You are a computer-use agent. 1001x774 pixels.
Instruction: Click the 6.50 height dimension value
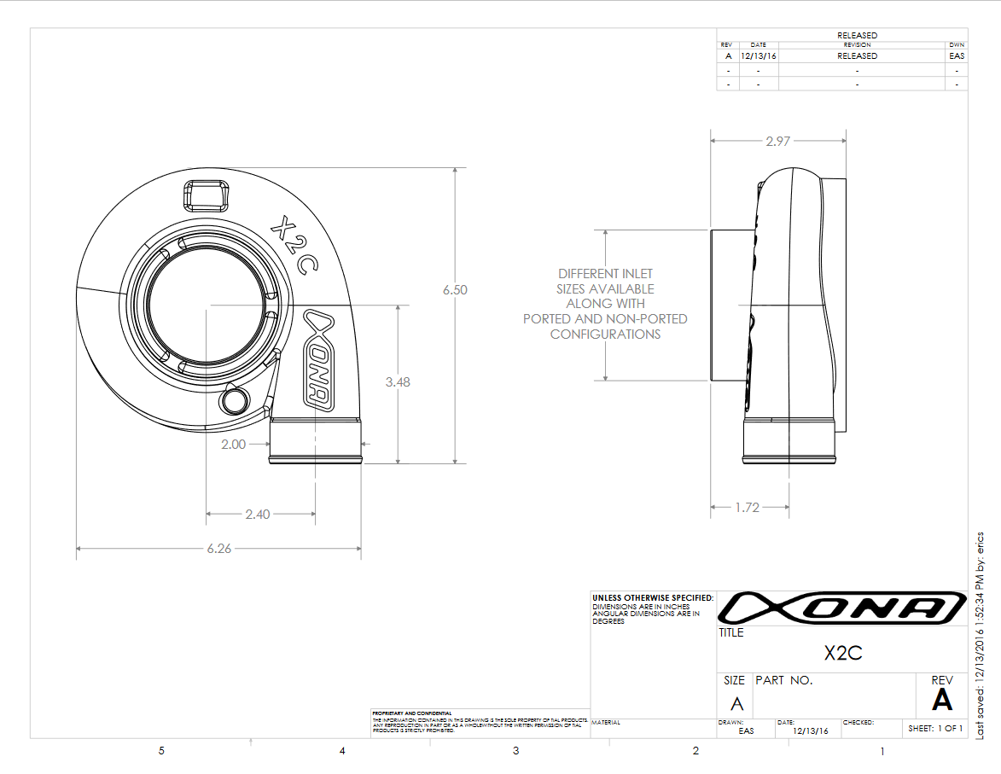coord(455,290)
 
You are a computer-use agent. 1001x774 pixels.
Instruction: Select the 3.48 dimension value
coord(397,382)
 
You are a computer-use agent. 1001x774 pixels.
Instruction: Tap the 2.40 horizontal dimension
coord(257,514)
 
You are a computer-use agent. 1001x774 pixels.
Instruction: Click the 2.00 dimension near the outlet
coord(233,444)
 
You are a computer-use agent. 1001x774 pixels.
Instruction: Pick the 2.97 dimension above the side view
coord(777,142)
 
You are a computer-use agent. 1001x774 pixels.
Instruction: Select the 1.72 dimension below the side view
coord(747,507)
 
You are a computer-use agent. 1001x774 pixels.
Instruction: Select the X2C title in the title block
coord(842,654)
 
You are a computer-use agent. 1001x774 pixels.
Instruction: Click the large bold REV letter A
coord(942,700)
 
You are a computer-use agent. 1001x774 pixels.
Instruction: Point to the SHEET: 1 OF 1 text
coord(935,728)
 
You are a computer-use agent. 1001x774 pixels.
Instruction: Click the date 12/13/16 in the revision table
coord(758,55)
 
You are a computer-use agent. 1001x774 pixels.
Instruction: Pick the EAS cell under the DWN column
coord(957,55)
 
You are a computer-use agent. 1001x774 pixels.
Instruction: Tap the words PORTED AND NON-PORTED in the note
coord(605,318)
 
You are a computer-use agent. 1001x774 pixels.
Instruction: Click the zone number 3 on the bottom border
coord(515,751)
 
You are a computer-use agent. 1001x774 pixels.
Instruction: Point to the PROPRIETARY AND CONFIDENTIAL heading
coord(412,713)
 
